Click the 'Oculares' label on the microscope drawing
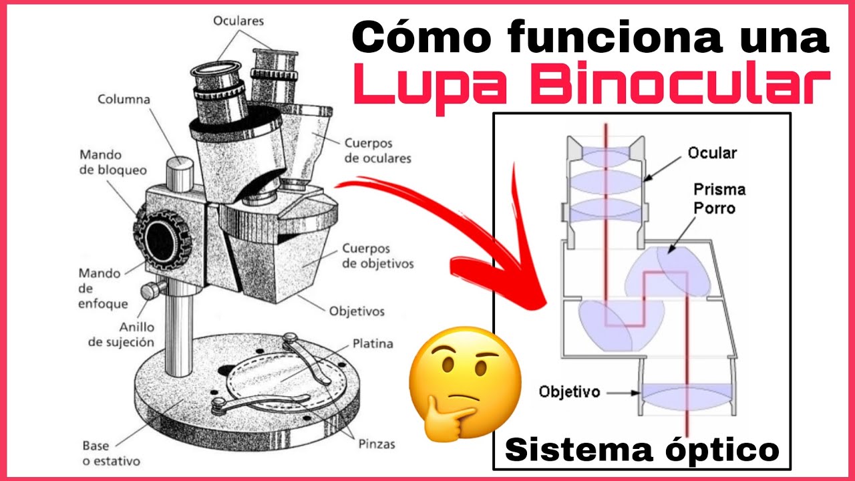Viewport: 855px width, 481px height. pyautogui.click(x=238, y=21)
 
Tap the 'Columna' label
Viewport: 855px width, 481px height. pyautogui.click(x=124, y=100)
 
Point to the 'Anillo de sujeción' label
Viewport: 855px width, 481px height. pyautogui.click(x=122, y=335)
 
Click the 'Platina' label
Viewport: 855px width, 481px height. pyautogui.click(x=373, y=344)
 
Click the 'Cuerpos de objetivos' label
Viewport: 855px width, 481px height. pyautogui.click(x=377, y=256)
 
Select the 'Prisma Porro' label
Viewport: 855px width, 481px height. pyautogui.click(x=719, y=198)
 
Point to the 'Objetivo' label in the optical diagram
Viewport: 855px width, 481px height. pyautogui.click(x=570, y=391)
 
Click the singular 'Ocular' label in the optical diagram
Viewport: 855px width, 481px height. pyautogui.click(x=712, y=153)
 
